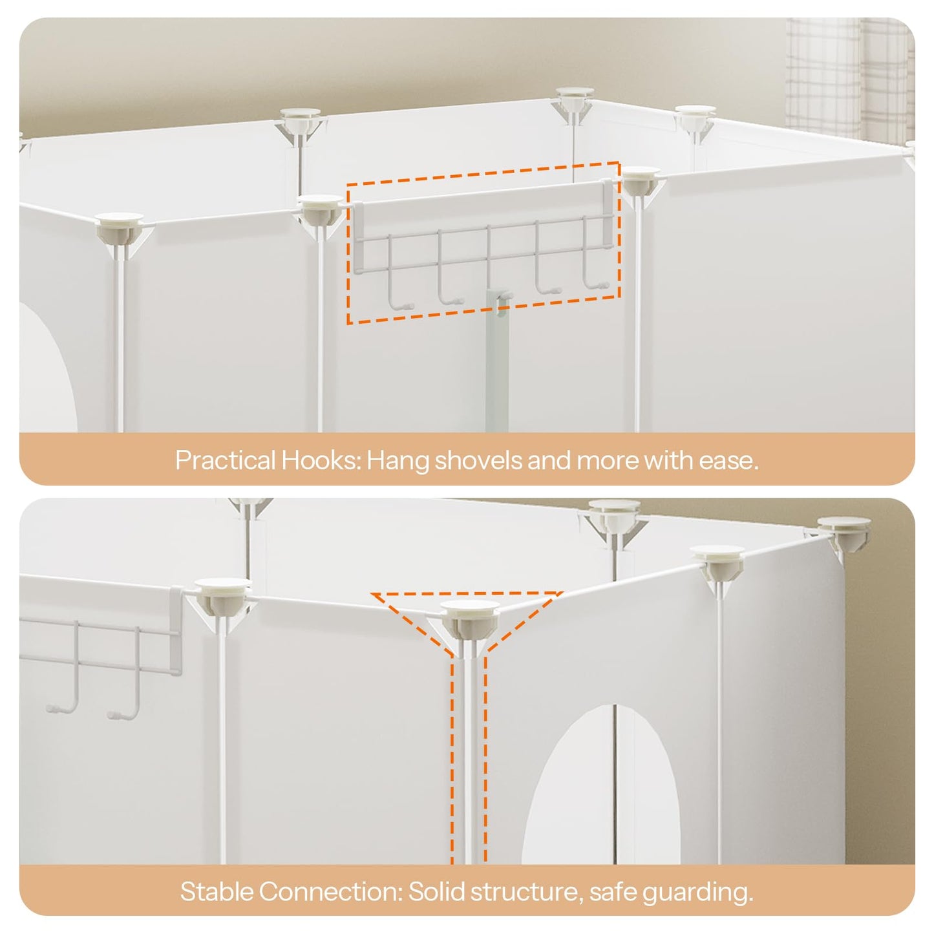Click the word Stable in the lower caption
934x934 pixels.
tap(217, 892)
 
